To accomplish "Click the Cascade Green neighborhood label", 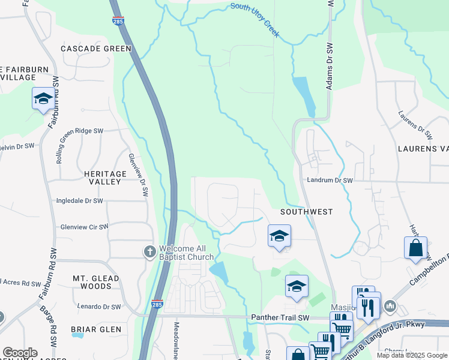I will point(96,48).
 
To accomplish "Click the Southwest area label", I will point(306,212).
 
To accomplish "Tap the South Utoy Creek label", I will point(255,20).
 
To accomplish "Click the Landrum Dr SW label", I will point(330,179).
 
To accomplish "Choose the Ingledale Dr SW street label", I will point(79,201).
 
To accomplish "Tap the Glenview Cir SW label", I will point(84,227).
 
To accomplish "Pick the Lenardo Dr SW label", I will point(103,306).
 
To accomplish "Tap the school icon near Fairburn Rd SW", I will point(43,98).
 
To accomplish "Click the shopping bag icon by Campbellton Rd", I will point(415,248).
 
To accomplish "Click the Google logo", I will point(20,353).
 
